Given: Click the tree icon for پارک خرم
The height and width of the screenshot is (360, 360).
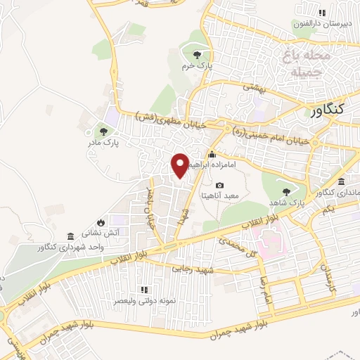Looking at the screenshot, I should (x=198, y=55).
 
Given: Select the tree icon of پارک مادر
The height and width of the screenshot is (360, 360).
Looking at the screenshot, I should (x=103, y=131).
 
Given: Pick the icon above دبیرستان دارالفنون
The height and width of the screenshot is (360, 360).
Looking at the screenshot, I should (x=322, y=13).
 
